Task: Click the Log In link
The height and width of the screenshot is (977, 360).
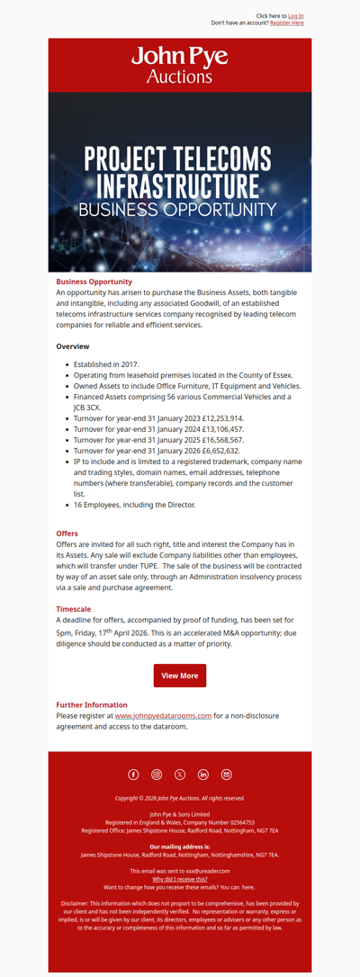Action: [295, 16]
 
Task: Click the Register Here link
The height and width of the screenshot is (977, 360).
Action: [286, 23]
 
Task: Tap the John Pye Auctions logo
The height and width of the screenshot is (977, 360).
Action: [180, 65]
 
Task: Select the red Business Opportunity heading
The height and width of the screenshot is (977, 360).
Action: [94, 282]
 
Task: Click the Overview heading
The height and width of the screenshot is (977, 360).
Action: [73, 346]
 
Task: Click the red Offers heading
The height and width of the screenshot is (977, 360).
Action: [67, 533]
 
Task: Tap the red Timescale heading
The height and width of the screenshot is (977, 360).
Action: [73, 609]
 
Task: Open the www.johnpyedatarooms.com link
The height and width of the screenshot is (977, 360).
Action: [163, 716]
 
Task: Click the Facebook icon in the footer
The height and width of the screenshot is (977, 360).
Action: [133, 775]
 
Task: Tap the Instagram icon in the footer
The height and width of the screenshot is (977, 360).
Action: [157, 775]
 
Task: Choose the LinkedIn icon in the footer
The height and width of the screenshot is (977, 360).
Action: [203, 775]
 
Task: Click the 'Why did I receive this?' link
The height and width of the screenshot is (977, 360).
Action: [180, 879]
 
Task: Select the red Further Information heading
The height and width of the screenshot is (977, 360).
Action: [92, 704]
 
